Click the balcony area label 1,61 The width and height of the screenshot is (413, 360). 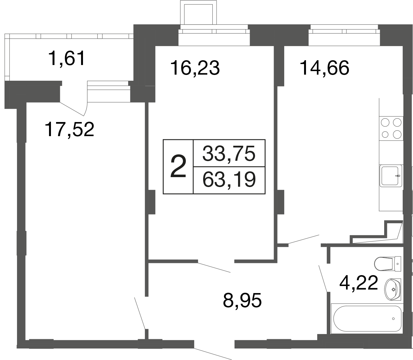coord(67,59)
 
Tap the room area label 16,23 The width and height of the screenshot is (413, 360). coord(195,68)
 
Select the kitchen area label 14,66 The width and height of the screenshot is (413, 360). coord(324,68)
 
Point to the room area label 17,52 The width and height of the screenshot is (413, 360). coord(70,129)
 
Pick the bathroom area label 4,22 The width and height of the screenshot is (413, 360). coord(359,283)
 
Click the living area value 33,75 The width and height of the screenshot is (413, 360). coord(229,154)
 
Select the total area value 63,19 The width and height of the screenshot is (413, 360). coord(229,180)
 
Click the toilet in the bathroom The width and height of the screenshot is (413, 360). coord(387,264)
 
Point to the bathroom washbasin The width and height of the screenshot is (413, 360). coord(392,290)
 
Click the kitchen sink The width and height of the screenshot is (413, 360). coord(391,176)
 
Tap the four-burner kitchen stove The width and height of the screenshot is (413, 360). coord(391,128)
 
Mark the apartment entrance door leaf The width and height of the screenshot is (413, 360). coord(213,354)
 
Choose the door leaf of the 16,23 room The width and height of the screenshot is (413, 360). coord(214,267)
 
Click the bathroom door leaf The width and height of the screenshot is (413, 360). coord(323,278)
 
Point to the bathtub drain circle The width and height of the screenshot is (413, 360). coord(393,319)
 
